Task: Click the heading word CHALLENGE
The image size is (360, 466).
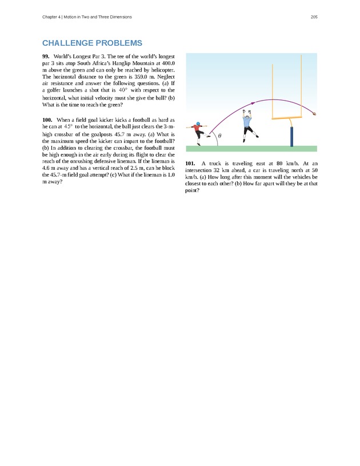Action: pos(68,43)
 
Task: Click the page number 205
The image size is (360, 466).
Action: pos(314,17)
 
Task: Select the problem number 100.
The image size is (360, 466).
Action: pos(47,119)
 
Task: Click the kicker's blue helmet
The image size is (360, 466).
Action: pos(198,124)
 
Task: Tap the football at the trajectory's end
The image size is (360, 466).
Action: pos(314,114)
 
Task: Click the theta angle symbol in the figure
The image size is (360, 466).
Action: pos(220,136)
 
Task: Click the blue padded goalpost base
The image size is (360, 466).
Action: pos(291,136)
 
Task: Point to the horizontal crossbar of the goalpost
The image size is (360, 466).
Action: pos(291,118)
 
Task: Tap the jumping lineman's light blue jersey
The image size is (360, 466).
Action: pos(247,121)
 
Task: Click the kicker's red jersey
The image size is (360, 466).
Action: pos(198,130)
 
